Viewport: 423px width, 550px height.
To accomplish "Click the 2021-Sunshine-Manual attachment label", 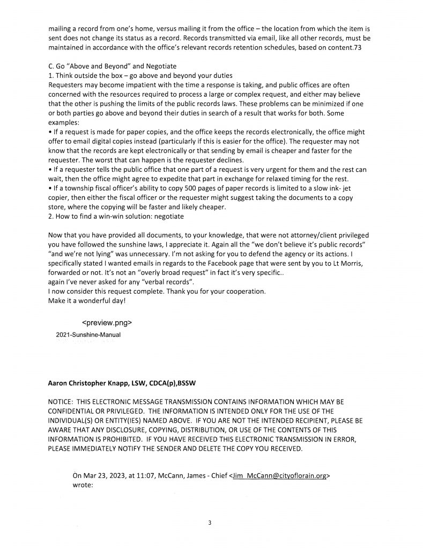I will point(88,335).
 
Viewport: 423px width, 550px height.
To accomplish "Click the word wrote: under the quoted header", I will point(83,484).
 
